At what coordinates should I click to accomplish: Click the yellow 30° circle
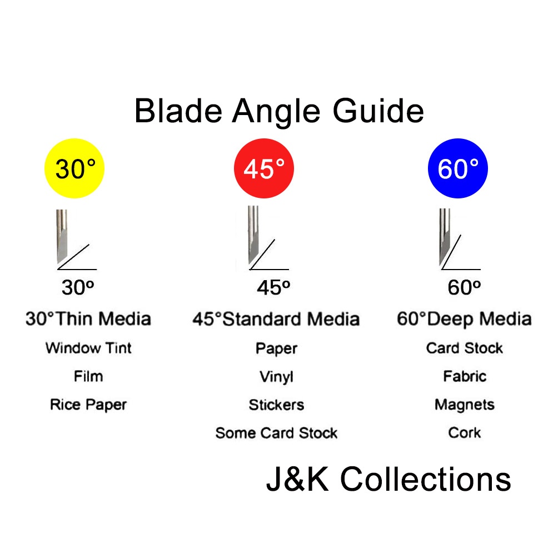click(x=74, y=168)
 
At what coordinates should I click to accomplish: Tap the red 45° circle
click(x=264, y=168)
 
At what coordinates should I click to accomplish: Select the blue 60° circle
click(x=457, y=168)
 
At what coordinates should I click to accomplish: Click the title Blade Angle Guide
click(x=279, y=111)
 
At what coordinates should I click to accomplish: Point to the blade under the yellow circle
click(x=62, y=236)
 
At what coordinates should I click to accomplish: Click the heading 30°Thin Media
click(x=88, y=319)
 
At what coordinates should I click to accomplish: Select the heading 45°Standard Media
click(x=276, y=319)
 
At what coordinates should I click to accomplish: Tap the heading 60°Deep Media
click(x=464, y=319)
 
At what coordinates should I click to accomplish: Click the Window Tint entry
click(x=88, y=348)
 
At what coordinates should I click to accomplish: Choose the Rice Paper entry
click(x=88, y=405)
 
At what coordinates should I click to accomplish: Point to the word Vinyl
click(x=276, y=377)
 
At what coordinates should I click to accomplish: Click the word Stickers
click(x=276, y=405)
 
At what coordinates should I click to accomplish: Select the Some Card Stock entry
click(x=276, y=433)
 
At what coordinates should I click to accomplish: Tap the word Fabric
click(x=465, y=376)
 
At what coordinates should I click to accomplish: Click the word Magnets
click(x=465, y=405)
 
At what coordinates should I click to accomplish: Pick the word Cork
click(x=465, y=432)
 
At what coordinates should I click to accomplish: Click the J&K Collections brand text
click(x=388, y=479)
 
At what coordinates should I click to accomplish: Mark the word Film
click(x=88, y=376)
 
